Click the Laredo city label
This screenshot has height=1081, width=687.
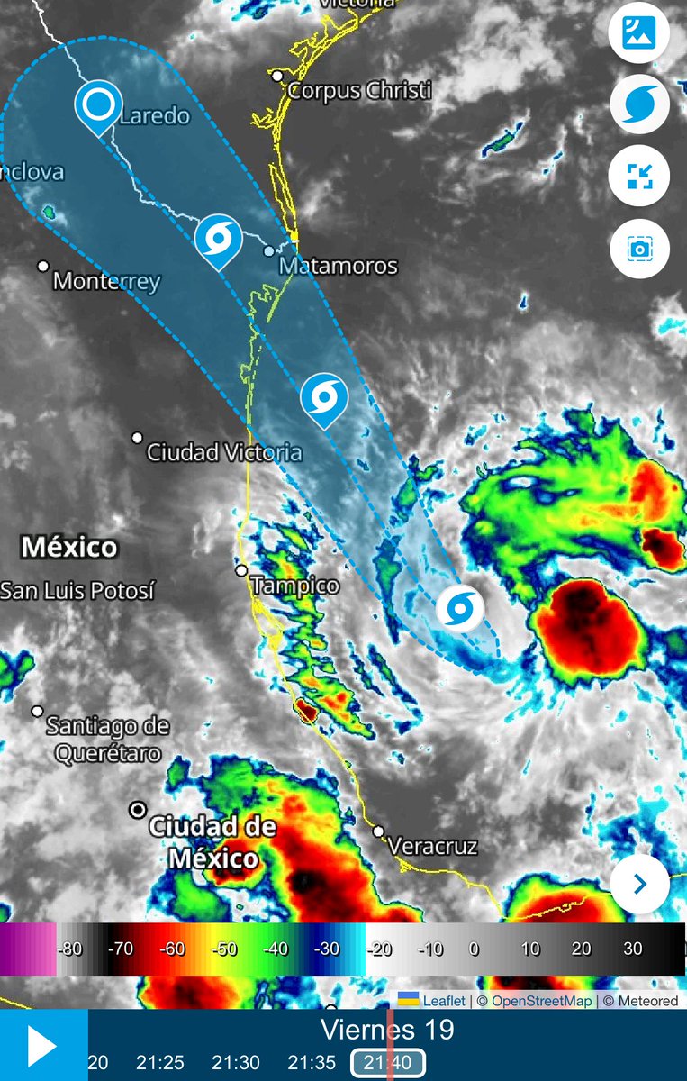click(154, 115)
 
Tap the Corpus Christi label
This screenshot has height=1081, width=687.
click(359, 91)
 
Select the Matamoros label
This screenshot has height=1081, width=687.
click(338, 266)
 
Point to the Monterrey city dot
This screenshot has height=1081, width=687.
click(43, 266)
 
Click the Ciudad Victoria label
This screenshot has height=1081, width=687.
click(224, 451)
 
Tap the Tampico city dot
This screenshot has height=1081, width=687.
click(241, 570)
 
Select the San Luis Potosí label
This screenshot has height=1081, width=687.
click(77, 591)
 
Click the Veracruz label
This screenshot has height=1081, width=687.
click(432, 846)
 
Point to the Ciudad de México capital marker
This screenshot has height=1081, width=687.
click(138, 810)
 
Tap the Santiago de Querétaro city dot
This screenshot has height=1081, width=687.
click(37, 711)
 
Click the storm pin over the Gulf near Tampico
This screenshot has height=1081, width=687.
click(460, 608)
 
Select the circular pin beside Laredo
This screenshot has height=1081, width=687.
click(97, 105)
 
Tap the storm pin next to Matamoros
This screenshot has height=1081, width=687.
click(218, 239)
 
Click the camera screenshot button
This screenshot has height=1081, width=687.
click(639, 248)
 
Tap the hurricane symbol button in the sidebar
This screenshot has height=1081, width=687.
click(639, 105)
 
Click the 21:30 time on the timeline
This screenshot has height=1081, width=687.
click(237, 1063)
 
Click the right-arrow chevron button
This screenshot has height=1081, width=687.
click(639, 885)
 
